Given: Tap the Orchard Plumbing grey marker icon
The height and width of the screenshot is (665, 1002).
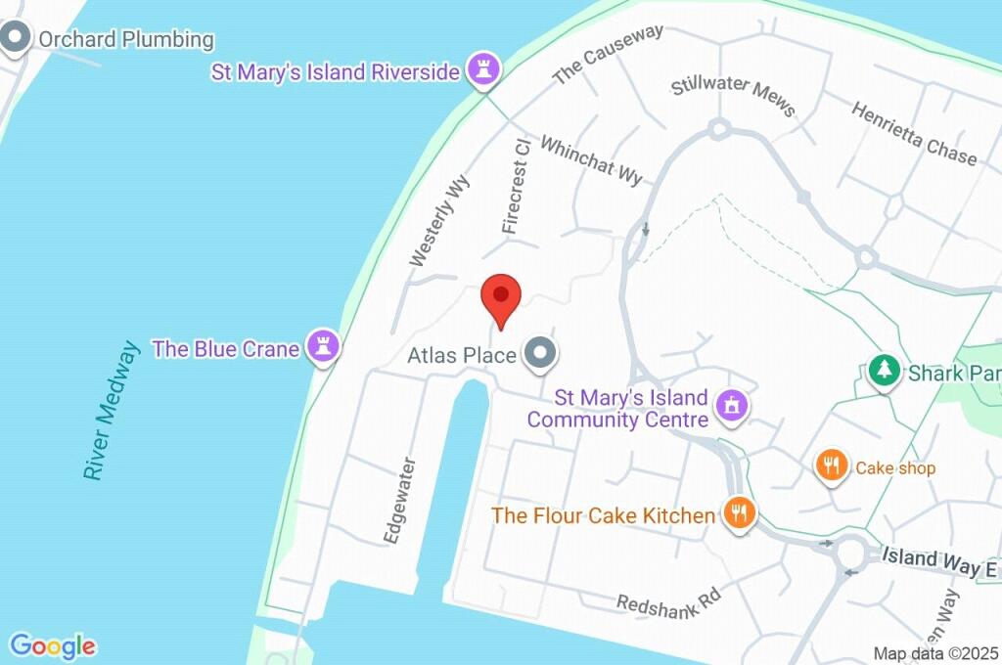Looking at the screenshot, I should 16,39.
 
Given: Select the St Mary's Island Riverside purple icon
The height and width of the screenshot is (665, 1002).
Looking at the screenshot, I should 482,70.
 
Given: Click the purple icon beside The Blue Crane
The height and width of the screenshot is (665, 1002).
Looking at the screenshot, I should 322,346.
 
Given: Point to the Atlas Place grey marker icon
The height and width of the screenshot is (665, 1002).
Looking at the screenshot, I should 538,354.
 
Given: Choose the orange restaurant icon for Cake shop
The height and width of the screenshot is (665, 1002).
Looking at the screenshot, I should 832,466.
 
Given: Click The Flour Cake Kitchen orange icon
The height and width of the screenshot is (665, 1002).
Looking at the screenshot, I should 740,513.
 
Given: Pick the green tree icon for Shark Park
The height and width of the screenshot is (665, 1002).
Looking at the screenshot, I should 884,372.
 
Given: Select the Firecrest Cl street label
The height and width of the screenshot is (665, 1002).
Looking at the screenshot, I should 516,186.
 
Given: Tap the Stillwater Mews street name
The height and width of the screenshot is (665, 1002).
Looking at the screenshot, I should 733,94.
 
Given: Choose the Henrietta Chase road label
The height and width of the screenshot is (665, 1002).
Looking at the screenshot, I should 913,133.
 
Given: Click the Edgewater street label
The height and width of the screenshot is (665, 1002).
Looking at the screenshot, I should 400,501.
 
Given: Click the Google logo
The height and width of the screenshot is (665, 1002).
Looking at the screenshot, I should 53,646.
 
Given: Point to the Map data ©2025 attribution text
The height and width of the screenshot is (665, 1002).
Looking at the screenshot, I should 934,653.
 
